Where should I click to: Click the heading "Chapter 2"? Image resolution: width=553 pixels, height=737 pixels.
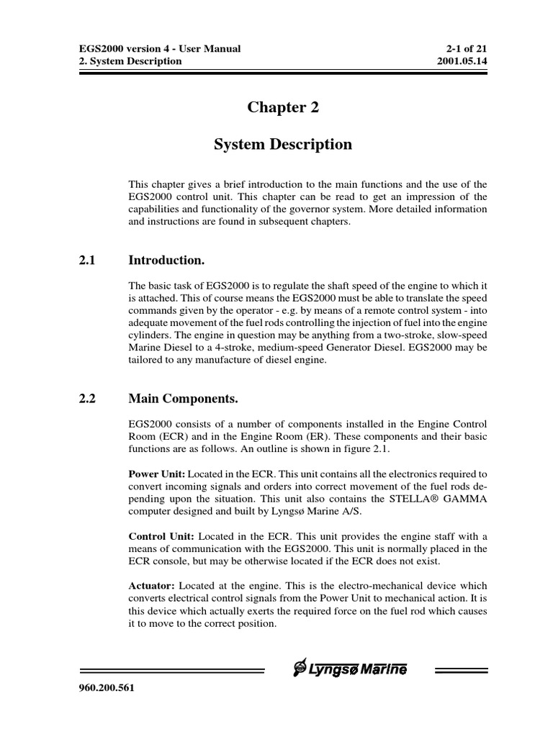(x=283, y=108)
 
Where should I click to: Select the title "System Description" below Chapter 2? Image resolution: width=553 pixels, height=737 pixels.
(x=283, y=145)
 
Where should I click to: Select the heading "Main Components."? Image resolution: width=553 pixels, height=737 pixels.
(x=182, y=398)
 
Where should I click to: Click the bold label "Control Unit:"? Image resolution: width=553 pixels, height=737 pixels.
(x=161, y=537)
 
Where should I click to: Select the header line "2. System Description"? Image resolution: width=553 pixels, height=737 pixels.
(x=129, y=61)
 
